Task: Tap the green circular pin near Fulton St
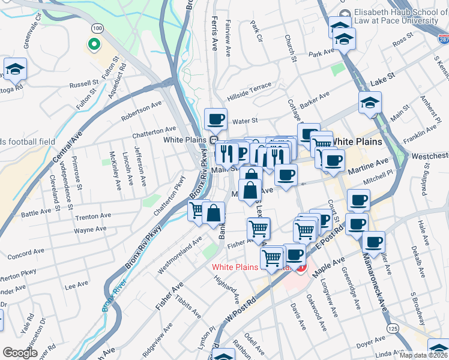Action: tap(93, 44)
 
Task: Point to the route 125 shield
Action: tap(393, 329)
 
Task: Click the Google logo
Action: tap(20, 353)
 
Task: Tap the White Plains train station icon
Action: tap(213, 140)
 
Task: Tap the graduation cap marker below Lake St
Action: tap(370, 103)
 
